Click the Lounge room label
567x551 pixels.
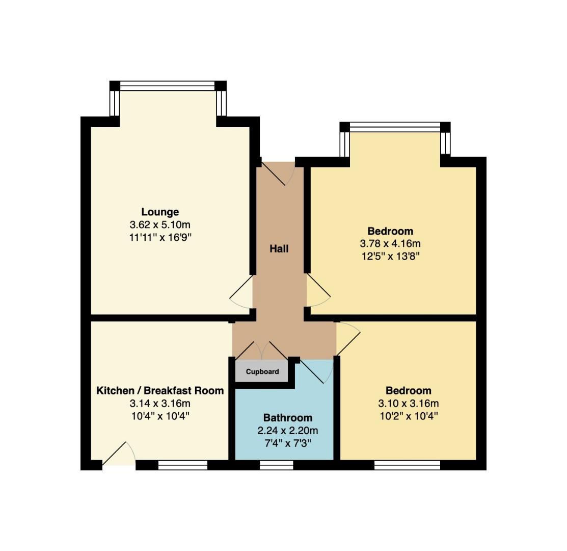click(160, 212)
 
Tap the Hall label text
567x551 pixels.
click(279, 248)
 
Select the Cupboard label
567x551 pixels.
click(262, 372)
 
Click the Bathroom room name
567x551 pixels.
click(287, 418)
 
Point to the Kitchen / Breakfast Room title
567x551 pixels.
click(160, 391)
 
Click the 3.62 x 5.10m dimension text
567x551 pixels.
click(160, 225)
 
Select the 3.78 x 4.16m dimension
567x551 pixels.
click(390, 244)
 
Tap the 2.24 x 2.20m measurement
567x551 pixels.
click(287, 431)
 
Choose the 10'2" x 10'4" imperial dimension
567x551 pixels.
click(409, 416)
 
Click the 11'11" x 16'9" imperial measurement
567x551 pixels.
click(160, 238)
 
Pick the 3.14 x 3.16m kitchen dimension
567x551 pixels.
click(160, 403)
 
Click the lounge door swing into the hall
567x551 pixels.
click(241, 292)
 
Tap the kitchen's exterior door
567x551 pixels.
click(119, 455)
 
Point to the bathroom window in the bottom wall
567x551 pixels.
click(277, 465)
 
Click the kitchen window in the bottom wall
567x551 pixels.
click(183, 465)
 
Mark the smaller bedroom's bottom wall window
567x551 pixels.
click(407, 465)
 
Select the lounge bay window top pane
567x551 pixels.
click(168, 86)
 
